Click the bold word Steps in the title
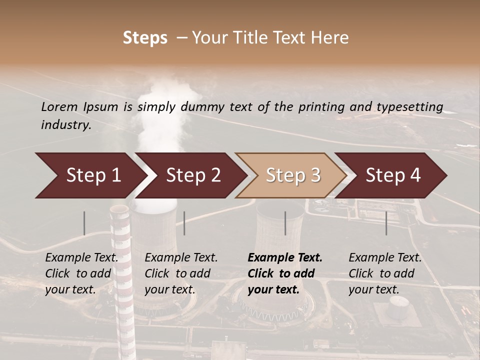(145, 37)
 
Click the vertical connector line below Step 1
(84, 223)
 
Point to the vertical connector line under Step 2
(184, 223)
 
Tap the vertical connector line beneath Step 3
(285, 223)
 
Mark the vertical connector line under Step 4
(386, 223)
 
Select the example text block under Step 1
(81, 273)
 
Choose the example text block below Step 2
(181, 273)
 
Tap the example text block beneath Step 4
(385, 273)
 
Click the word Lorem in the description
(59, 106)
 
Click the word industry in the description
(66, 124)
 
